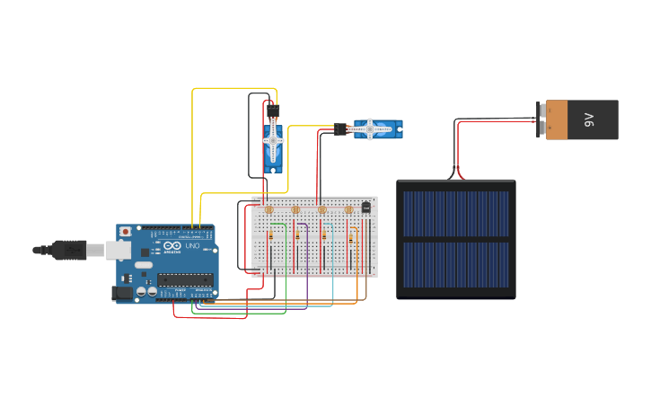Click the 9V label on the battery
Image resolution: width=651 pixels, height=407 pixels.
click(x=589, y=119)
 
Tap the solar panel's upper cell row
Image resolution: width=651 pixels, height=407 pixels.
click(x=456, y=213)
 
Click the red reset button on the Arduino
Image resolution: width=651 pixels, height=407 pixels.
click(x=125, y=232)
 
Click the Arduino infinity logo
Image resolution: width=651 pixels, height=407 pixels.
click(x=172, y=245)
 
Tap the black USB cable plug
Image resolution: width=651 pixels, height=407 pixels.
click(x=69, y=250)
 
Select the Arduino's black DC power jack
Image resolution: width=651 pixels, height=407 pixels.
click(x=121, y=292)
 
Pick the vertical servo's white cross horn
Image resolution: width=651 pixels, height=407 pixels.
click(x=273, y=141)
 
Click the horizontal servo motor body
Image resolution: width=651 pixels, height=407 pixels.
click(x=377, y=129)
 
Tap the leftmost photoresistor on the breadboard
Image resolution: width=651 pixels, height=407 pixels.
click(x=268, y=209)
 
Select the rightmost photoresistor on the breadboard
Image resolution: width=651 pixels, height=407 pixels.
click(x=348, y=209)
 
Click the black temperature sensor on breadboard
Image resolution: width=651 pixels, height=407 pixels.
click(x=365, y=208)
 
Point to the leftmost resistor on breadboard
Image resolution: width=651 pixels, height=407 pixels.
click(x=271, y=236)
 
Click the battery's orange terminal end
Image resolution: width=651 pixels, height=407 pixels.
click(x=557, y=119)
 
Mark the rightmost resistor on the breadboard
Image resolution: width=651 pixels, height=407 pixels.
click(x=351, y=236)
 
